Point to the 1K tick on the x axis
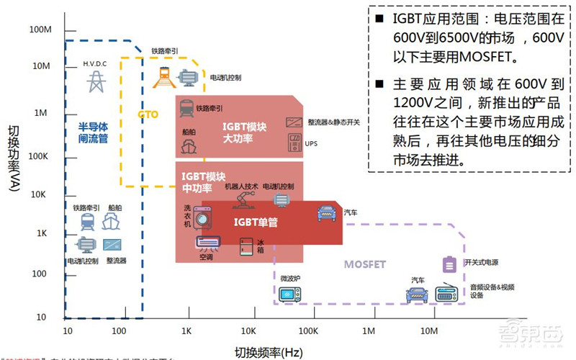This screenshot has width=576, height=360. coord(186,331)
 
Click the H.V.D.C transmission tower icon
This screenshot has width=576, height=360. coord(94,81)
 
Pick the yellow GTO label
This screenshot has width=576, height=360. coord(148,114)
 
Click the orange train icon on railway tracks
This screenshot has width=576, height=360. coord(164,75)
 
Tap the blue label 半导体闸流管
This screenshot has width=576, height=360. coord(93,134)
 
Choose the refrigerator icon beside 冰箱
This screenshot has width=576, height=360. coord(247,246)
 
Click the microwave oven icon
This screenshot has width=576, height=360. coord(291,294)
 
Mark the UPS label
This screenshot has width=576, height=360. coord(311,143)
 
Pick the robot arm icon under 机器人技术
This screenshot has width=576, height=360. coord(241,199)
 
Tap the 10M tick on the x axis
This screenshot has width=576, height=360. coord(428,331)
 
